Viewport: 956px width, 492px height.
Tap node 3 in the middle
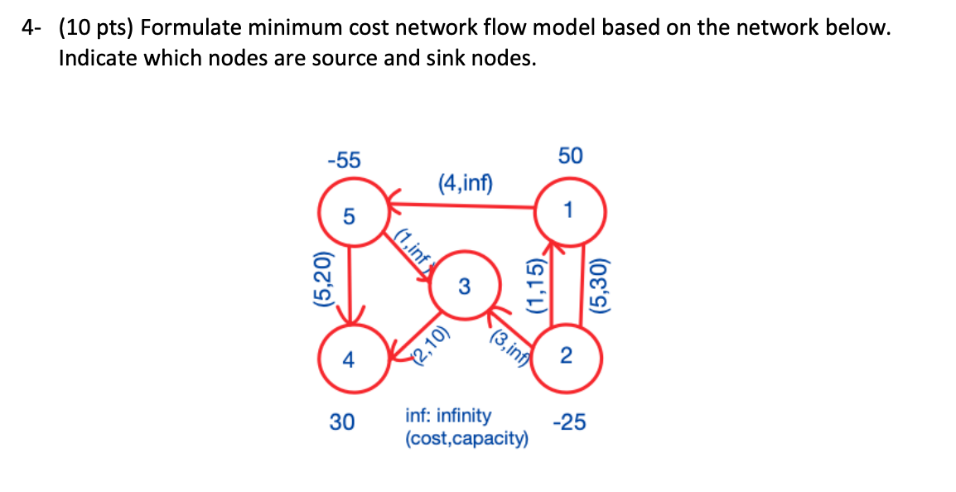[x=464, y=287]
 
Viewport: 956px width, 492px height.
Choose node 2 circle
[x=566, y=357]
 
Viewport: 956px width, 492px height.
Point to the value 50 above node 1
[x=570, y=156]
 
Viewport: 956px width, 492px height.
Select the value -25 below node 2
[x=569, y=423]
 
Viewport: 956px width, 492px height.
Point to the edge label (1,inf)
[x=414, y=246]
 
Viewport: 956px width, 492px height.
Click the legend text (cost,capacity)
[x=466, y=437]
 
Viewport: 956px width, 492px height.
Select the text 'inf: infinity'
[x=447, y=414]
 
